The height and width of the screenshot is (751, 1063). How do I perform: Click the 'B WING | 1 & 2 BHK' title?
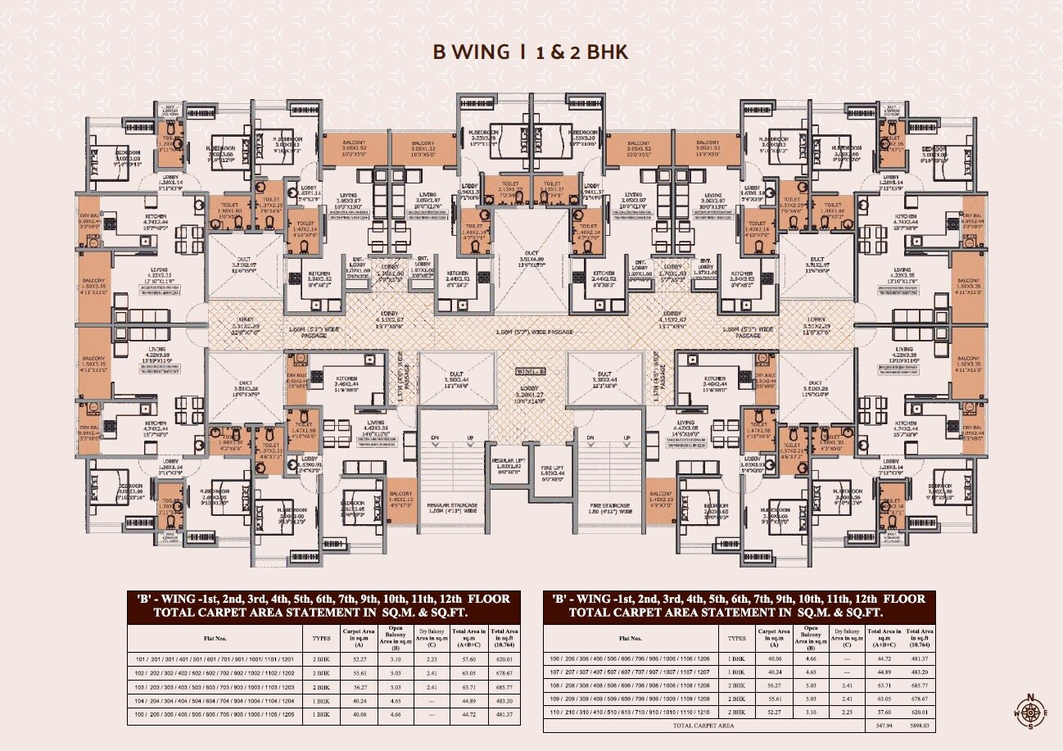tap(531, 52)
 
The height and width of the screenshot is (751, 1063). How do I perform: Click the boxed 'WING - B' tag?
tap(531, 372)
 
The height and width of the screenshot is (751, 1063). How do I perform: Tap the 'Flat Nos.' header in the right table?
tap(631, 636)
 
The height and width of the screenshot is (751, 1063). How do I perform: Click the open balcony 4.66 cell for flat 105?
tap(396, 714)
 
